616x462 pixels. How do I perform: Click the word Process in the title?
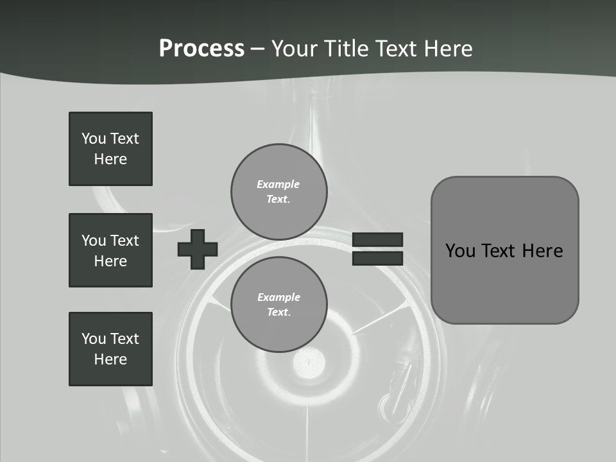pyautogui.click(x=201, y=49)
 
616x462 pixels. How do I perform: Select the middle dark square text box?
pyautogui.click(x=110, y=250)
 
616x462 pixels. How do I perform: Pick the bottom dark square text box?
pyautogui.click(x=110, y=349)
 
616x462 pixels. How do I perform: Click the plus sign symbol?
pyautogui.click(x=198, y=249)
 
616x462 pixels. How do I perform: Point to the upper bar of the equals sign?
pyautogui.click(x=377, y=239)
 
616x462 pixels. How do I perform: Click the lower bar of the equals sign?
pyautogui.click(x=377, y=258)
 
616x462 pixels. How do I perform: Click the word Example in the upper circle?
pyautogui.click(x=278, y=184)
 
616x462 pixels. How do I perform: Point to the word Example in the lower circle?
pyautogui.click(x=278, y=297)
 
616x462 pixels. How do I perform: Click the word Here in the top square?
pyautogui.click(x=110, y=159)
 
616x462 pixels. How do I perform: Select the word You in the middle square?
pyautogui.click(x=93, y=241)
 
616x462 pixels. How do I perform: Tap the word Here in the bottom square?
pyautogui.click(x=110, y=359)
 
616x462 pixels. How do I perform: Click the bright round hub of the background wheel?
pyautogui.click(x=309, y=363)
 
